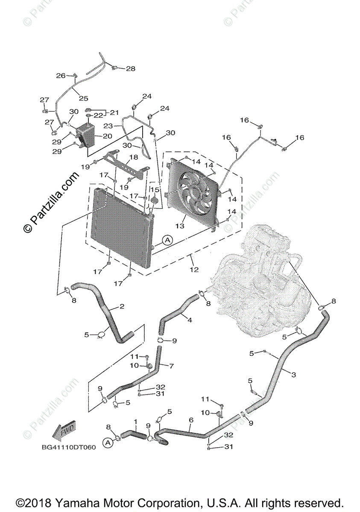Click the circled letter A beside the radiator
tap(167, 240)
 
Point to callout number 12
tap(194, 269)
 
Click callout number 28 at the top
tap(130, 68)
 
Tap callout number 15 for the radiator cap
tap(154, 189)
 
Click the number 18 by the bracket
tap(134, 157)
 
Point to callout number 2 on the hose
tap(122, 306)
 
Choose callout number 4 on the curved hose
tap(190, 320)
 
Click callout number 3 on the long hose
tap(293, 375)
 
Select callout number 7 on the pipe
tap(171, 366)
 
